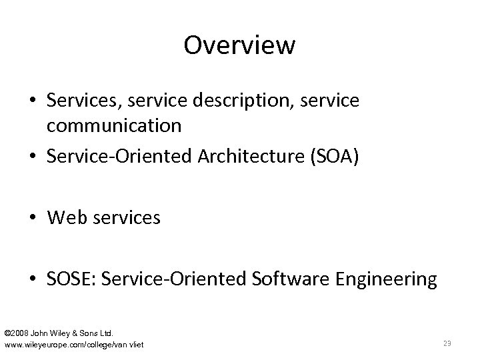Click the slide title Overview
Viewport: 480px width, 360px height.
239,45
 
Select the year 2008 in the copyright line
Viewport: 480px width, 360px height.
23,332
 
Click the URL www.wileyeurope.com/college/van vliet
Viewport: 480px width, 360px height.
74,344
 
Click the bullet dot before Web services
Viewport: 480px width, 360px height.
33,219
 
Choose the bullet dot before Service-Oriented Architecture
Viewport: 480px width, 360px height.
33,157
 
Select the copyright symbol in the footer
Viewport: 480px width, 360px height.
7,332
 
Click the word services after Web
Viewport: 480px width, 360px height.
127,218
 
